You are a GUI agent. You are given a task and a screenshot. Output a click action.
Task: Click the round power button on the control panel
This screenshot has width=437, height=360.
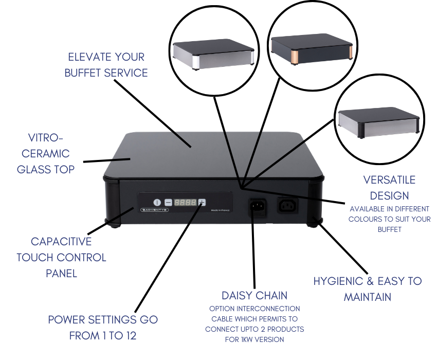pos(157,203)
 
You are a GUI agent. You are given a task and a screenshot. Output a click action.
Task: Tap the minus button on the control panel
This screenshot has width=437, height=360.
pos(168,203)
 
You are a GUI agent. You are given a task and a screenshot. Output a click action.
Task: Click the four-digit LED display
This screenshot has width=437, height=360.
pos(186,203)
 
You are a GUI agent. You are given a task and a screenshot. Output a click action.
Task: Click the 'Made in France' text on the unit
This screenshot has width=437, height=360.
pos(220,210)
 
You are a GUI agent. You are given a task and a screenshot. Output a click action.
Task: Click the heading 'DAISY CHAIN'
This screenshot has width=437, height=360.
pos(254,295)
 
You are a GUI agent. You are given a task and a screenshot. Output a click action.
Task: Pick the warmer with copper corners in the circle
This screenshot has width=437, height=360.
pos(311,49)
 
